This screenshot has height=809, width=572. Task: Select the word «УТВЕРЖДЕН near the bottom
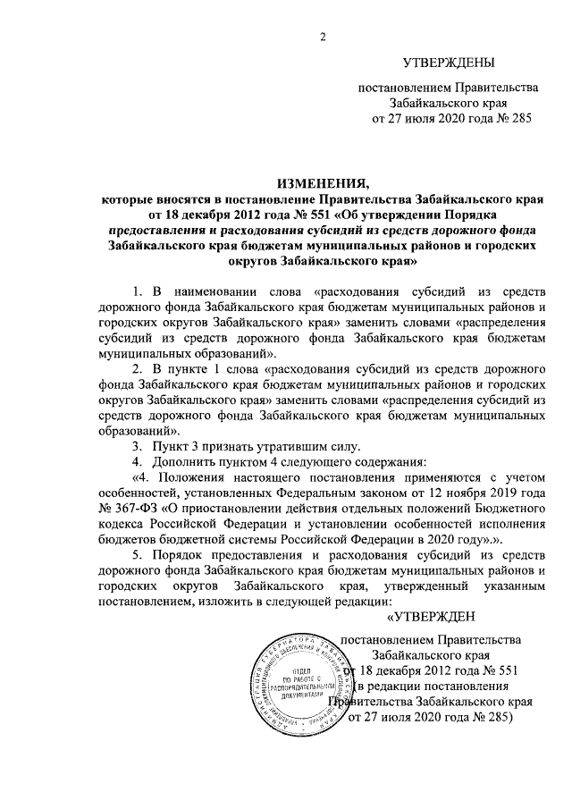tap(433, 619)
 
